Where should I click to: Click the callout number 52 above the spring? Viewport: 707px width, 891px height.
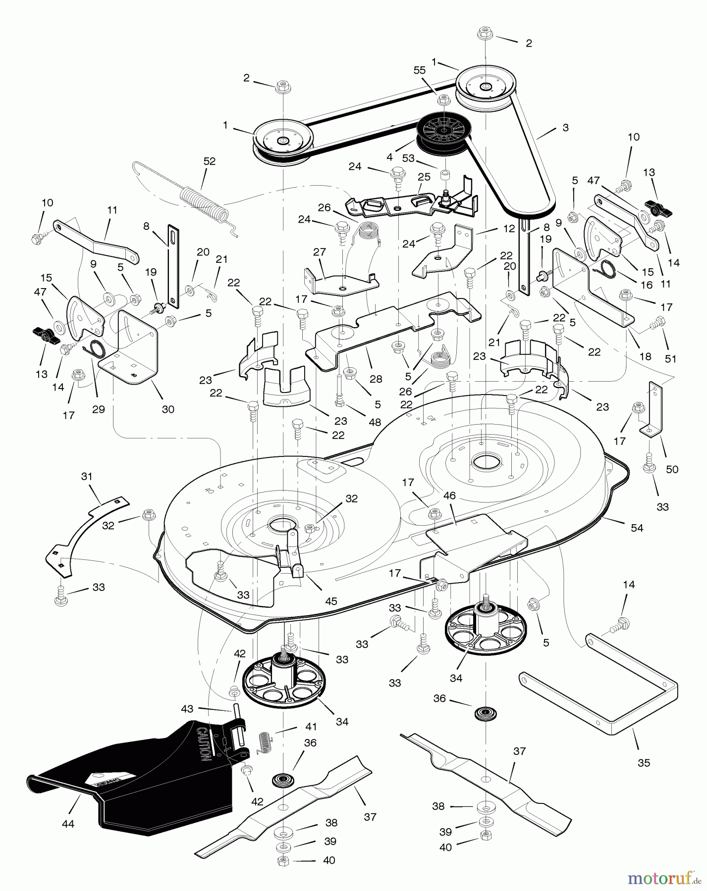[210, 161]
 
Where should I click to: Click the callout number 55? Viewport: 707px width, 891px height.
[419, 70]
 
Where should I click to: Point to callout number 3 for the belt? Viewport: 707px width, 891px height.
[565, 128]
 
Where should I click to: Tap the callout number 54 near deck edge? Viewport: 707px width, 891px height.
[637, 528]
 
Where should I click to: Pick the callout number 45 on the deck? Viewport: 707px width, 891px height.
[331, 601]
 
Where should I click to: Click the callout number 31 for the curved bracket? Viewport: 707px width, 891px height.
[87, 477]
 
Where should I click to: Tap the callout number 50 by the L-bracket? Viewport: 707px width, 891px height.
[672, 469]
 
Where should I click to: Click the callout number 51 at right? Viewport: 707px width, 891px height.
[670, 359]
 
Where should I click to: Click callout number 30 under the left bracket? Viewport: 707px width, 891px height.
[168, 409]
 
